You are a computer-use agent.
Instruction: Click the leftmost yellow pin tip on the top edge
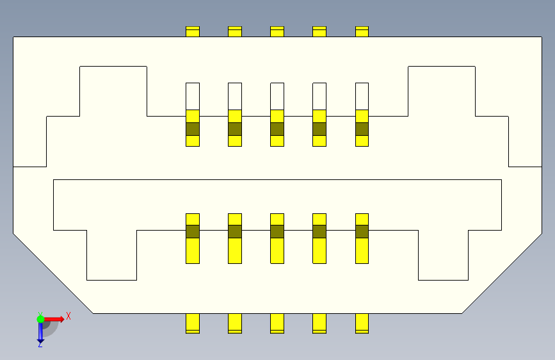click(x=193, y=31)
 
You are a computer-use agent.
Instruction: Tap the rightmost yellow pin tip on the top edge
click(x=362, y=31)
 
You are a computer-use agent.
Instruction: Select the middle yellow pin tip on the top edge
click(x=277, y=31)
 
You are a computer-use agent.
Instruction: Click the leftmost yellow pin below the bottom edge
click(x=193, y=323)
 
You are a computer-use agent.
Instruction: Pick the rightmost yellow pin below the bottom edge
click(x=362, y=323)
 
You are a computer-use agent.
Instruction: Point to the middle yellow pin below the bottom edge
click(x=277, y=323)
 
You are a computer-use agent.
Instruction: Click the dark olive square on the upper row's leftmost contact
click(x=193, y=129)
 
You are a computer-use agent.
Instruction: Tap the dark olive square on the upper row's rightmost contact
click(x=362, y=129)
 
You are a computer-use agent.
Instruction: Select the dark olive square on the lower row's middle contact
click(x=277, y=231)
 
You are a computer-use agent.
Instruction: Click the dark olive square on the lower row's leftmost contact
click(x=193, y=231)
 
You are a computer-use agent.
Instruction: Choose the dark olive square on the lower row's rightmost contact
click(x=362, y=231)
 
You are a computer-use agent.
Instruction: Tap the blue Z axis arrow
click(x=40, y=331)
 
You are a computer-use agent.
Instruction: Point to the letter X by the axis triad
click(x=68, y=316)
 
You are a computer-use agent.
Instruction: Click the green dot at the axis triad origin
click(x=40, y=318)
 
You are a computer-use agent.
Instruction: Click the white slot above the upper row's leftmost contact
click(x=193, y=96)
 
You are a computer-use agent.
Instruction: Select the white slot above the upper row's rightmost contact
click(x=362, y=96)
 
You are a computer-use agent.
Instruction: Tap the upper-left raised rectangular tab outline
click(x=113, y=90)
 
